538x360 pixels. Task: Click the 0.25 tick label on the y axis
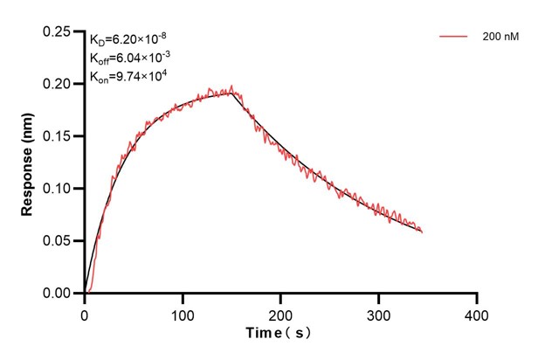58,31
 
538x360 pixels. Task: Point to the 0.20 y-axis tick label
58,84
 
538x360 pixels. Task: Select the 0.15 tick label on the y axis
58,136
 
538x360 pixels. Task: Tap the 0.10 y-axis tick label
58,189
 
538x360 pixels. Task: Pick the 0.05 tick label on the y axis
58,241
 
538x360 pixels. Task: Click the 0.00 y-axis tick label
58,294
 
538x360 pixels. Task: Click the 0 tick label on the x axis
84,313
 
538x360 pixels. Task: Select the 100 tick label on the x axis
183,313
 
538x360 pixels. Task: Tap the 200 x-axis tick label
280,313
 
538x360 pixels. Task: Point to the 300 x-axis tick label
378,313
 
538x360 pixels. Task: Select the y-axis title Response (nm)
28,163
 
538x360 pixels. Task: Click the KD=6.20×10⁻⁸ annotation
128,39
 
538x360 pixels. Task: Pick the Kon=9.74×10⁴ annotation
128,77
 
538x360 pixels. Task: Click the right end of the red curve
422,232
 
